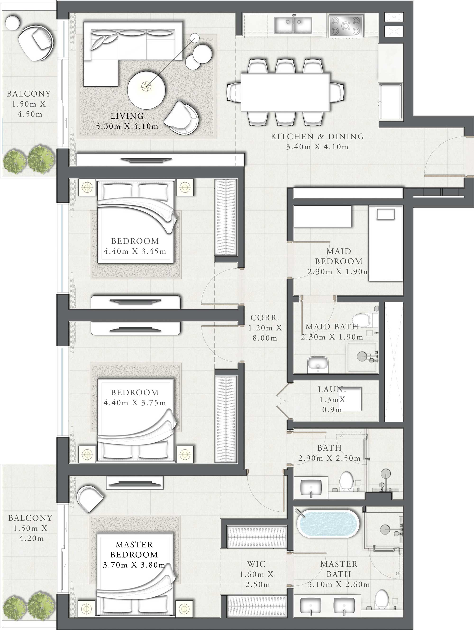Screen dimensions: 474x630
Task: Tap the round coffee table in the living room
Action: (x=146, y=90)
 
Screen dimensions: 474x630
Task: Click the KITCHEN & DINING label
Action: (x=317, y=136)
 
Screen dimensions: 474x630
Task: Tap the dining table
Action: (x=285, y=92)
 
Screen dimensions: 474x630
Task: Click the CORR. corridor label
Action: (x=264, y=317)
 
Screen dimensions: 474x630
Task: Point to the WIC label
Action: (x=256, y=564)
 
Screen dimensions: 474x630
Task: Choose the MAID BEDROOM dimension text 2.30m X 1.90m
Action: (x=339, y=271)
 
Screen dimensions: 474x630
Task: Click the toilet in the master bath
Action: (x=382, y=599)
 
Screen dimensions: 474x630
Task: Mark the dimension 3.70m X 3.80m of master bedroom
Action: (x=134, y=565)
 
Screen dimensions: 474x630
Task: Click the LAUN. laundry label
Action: (x=332, y=389)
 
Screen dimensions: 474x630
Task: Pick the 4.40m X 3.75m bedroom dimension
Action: (x=135, y=403)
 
